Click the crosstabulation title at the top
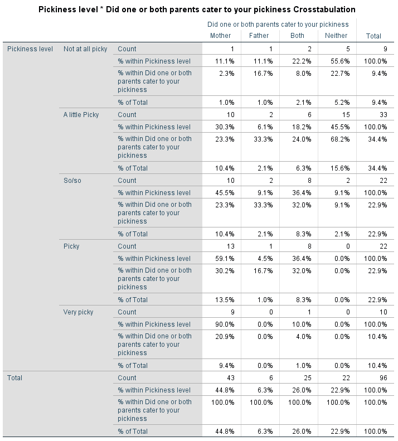click(197, 10)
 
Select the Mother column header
click(220, 36)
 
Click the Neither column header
click(336, 36)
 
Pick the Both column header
click(298, 36)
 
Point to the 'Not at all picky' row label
click(85, 49)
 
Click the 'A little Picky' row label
click(81, 115)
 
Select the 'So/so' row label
click(72, 181)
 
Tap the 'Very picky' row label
click(79, 312)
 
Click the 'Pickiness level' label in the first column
click(30, 49)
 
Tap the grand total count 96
click(382, 378)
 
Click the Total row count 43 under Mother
click(230, 378)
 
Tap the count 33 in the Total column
click(382, 115)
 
